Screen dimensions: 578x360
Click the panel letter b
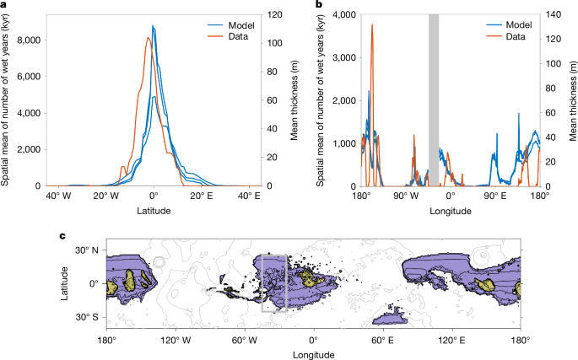[320, 4]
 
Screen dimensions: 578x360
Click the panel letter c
[63, 236]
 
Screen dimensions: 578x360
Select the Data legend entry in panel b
[505, 36]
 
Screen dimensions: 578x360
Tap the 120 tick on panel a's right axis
[274, 14]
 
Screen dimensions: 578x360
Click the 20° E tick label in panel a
[201, 196]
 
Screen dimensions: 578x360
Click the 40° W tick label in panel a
[59, 196]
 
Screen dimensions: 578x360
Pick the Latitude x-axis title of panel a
[154, 211]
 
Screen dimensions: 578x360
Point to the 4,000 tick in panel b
[344, 14]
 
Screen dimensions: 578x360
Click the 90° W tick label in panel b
[406, 196]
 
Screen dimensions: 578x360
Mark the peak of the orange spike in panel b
[372, 24]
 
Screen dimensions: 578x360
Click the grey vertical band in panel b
[434, 100]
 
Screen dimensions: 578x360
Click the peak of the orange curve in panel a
[148, 37]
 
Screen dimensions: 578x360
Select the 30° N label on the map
[88, 250]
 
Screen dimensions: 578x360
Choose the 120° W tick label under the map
[176, 341]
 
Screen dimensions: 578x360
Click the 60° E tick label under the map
[382, 341]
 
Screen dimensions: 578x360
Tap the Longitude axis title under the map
[314, 355]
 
